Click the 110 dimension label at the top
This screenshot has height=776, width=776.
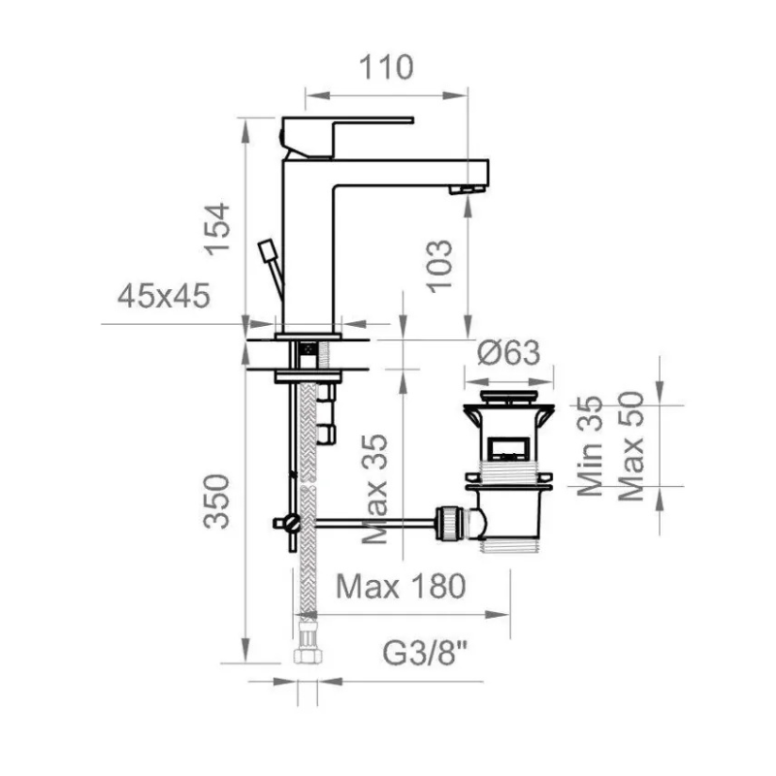point(385,67)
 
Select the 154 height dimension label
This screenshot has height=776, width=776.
point(218,229)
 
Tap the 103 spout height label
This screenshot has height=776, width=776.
point(440,266)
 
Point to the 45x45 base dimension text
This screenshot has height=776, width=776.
point(164,296)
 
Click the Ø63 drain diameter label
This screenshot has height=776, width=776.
point(508,353)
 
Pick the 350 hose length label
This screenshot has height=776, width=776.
point(216,501)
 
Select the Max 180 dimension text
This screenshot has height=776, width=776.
point(401,586)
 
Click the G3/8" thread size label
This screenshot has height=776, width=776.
point(426,653)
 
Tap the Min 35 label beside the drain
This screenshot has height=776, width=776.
point(590,446)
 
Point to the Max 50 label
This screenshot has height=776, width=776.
point(631,446)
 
